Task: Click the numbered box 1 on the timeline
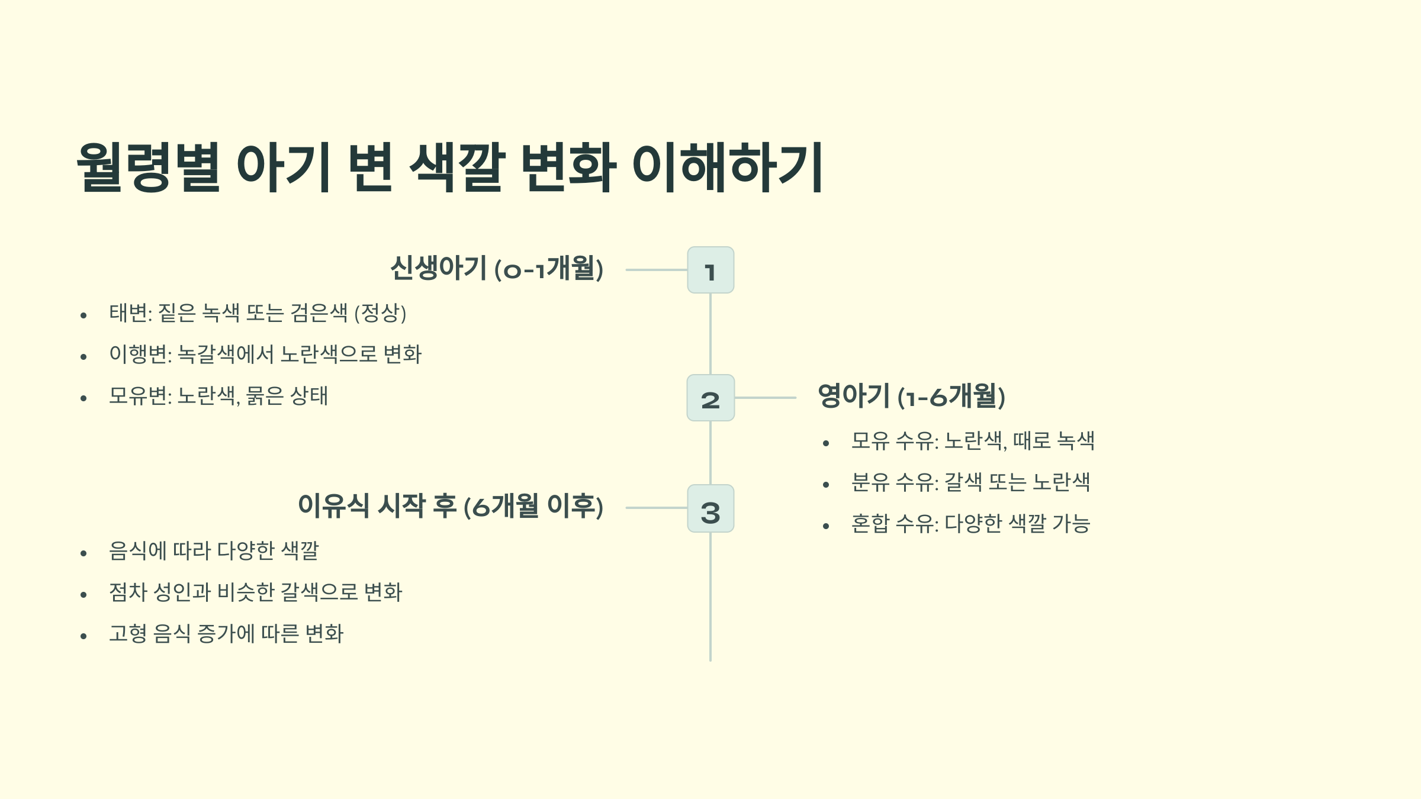click(710, 270)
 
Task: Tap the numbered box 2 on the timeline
click(710, 398)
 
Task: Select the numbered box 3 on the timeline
click(710, 508)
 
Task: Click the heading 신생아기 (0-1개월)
click(497, 268)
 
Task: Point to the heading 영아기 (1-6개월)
click(911, 396)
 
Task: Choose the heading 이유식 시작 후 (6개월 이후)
click(450, 506)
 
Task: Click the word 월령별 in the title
click(149, 167)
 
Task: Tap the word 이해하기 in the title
click(728, 167)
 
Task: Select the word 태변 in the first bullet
click(128, 313)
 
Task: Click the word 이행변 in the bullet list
click(139, 355)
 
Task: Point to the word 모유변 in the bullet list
click(139, 396)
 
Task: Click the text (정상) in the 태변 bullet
click(380, 313)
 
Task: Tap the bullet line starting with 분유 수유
click(970, 482)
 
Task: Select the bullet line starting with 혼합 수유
click(970, 524)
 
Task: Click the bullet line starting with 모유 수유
click(973, 441)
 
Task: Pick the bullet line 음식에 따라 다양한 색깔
click(214, 551)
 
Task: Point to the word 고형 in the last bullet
click(128, 634)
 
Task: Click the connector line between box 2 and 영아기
click(765, 398)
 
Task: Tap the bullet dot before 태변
click(83, 315)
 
